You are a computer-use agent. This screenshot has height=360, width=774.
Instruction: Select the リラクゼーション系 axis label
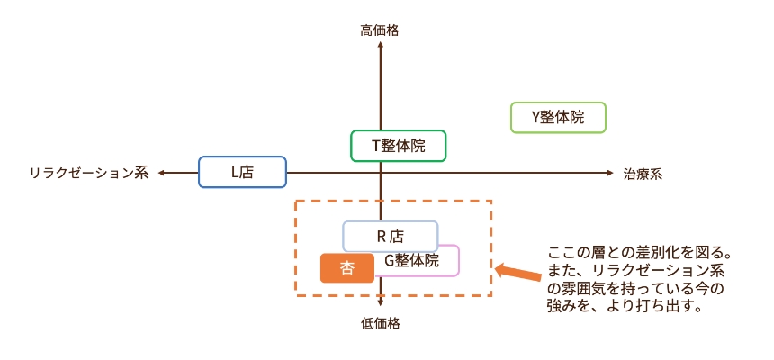tap(88, 173)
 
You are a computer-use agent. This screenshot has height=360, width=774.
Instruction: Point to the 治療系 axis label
tap(643, 173)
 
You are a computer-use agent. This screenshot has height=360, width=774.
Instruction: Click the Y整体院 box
tap(557, 117)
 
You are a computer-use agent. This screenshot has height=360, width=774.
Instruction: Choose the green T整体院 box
tap(398, 145)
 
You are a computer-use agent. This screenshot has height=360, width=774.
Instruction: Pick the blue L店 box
tap(241, 172)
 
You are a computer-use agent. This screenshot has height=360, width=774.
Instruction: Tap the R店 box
tap(389, 235)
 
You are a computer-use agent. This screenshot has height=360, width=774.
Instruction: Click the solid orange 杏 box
tap(346, 268)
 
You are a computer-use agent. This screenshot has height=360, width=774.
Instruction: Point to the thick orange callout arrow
tap(517, 271)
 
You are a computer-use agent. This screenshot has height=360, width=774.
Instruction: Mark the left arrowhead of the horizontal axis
tap(161, 172)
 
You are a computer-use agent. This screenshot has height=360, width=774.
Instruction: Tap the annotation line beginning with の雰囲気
tap(635, 288)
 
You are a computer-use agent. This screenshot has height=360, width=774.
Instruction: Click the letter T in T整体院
tap(377, 145)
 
